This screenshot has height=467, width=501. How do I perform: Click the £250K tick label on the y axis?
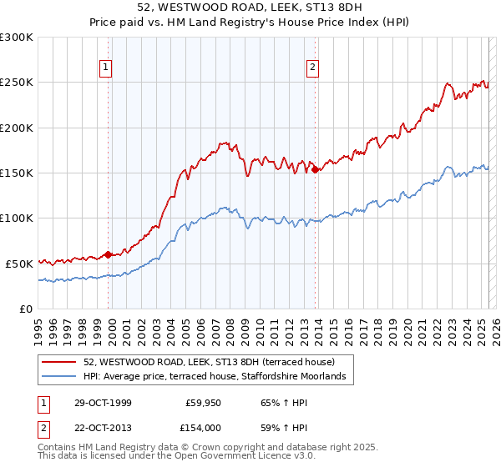click(x=17, y=83)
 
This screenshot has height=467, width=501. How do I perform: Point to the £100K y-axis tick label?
click(x=17, y=218)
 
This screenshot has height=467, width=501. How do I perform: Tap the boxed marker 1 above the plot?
click(x=108, y=68)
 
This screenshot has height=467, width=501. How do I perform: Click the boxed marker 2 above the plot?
click(x=312, y=68)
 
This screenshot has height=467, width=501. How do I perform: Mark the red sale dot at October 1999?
click(x=109, y=254)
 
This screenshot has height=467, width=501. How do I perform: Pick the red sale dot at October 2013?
click(x=316, y=169)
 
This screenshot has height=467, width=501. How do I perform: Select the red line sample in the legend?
click(x=59, y=362)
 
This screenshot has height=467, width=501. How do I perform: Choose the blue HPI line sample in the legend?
click(x=59, y=377)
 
